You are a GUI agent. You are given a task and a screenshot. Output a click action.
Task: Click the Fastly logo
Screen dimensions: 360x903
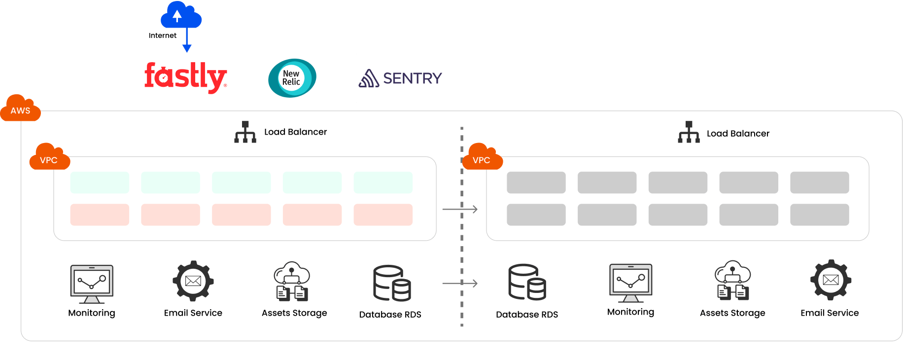(185, 77)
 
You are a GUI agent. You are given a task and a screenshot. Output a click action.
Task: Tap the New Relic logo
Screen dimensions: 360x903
(292, 78)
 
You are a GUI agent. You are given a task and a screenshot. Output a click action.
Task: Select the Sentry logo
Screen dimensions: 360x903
(400, 78)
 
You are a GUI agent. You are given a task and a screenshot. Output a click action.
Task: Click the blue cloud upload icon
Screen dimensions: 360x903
(180, 15)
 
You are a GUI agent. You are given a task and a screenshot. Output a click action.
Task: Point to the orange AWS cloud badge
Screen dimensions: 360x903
(20, 109)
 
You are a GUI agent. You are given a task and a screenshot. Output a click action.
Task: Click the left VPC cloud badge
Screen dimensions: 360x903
(49, 158)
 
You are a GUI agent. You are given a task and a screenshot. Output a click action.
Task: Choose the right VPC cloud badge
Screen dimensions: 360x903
(482, 158)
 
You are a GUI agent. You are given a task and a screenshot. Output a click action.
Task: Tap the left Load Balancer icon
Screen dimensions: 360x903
(245, 132)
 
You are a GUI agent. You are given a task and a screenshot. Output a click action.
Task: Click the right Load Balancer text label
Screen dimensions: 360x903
(738, 134)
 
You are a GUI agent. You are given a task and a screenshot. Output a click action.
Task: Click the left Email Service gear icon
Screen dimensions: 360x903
(193, 281)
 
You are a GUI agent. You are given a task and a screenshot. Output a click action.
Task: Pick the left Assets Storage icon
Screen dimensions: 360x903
(292, 281)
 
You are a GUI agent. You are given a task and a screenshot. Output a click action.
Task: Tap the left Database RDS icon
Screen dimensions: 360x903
(392, 283)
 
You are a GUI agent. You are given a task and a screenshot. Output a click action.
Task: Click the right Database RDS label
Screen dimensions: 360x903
(527, 315)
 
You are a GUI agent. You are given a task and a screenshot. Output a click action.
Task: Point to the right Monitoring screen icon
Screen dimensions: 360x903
(631, 283)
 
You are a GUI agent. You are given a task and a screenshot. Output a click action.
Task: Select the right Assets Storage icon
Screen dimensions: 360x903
(733, 280)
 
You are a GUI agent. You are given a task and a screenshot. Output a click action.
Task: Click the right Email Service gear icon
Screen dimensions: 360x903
(831, 280)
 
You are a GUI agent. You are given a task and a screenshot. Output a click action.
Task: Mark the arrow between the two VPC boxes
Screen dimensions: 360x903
(459, 210)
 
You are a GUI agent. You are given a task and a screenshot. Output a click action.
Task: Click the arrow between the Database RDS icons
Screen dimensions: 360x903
(459, 284)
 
